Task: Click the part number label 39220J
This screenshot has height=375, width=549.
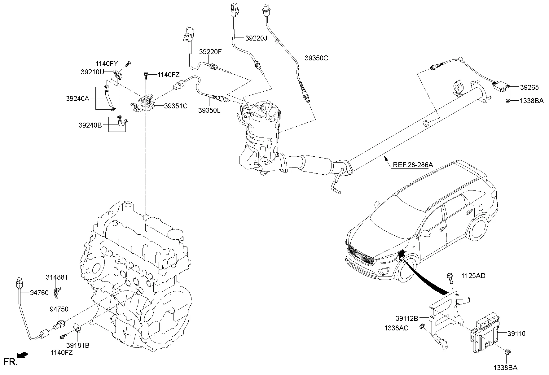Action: click(256, 38)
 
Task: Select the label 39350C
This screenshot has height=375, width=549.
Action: click(316, 58)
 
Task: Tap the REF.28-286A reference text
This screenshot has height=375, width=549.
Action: click(413, 165)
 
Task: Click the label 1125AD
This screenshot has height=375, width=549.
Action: click(474, 276)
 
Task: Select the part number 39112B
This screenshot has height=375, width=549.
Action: click(407, 318)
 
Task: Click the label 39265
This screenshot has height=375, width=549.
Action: click(529, 88)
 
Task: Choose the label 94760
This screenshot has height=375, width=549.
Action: click(39, 292)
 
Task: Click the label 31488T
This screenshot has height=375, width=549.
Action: click(57, 277)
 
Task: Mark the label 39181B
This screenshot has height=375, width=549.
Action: click(78, 345)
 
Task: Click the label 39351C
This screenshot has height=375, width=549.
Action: click(176, 106)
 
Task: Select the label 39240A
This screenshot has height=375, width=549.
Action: click(77, 98)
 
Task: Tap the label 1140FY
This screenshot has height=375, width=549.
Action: click(107, 64)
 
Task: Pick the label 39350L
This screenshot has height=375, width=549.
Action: click(210, 110)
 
